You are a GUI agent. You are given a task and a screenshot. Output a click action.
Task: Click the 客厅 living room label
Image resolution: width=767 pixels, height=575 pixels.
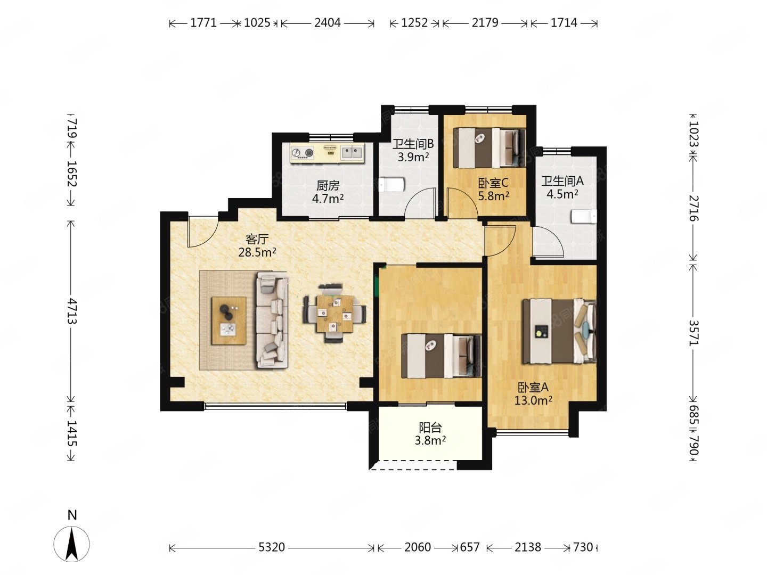coord(257,239)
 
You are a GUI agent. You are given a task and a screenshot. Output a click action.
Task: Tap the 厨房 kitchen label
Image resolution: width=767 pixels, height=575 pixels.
coord(328,185)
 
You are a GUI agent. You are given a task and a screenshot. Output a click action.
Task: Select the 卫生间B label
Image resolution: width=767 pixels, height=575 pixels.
coord(413,144)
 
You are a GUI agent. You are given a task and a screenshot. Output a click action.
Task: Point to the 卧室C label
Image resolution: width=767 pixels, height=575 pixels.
coord(493,183)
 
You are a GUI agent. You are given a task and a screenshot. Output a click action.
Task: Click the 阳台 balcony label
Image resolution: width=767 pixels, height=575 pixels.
coord(430,428)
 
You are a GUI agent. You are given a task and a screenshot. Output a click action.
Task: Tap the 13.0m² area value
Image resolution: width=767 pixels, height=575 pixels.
coord(533,400)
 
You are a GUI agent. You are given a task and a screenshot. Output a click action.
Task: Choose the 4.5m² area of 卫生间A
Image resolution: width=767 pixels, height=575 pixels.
coord(562,194)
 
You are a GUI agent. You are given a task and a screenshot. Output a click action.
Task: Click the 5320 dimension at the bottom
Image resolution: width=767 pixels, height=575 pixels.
coord(272,547)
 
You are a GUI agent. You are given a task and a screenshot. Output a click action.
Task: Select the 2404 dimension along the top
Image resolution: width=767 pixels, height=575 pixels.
coord(327,23)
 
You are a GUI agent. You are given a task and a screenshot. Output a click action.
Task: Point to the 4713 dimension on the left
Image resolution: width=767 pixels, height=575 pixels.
coord(71,311)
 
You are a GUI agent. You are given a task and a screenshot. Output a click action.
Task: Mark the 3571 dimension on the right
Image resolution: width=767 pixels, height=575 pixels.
coord(693,333)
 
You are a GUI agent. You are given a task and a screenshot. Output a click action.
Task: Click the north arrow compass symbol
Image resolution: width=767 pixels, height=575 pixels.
coord(71,544)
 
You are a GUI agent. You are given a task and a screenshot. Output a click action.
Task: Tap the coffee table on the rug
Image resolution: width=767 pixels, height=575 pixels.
coord(229,321)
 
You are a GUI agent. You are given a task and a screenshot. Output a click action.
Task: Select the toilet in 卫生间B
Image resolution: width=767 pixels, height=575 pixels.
coord(391,184)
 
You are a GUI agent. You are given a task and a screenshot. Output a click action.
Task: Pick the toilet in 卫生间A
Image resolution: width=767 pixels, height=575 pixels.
coord(584,217)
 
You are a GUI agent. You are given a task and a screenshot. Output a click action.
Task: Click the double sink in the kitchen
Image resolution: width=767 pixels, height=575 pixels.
coord(352,152)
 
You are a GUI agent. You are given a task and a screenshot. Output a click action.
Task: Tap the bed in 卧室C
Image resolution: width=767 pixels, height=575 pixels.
coord(489,147)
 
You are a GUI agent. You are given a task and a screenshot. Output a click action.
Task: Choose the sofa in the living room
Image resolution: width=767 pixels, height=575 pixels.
coord(273,320)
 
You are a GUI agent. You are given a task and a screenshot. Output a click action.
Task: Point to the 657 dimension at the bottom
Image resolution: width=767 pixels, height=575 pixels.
coord(469,547)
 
